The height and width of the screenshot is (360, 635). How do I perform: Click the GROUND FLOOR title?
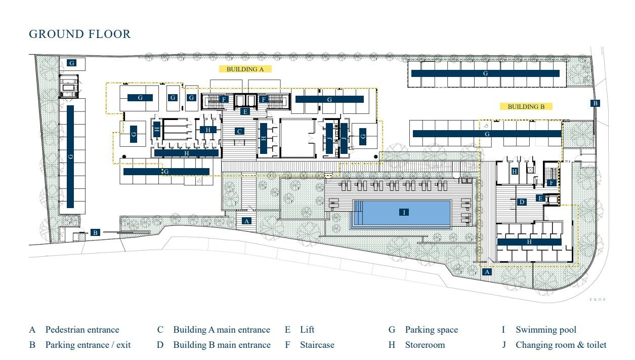tap(80, 34)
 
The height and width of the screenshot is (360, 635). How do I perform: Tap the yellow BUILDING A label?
tap(245, 69)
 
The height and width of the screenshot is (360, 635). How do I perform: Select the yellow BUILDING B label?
tap(526, 106)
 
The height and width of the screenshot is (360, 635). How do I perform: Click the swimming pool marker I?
tap(404, 212)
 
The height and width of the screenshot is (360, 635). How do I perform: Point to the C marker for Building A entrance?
tap(240, 131)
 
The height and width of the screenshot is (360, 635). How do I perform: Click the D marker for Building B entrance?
tap(522, 202)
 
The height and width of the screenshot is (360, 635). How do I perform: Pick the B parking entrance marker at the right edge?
tap(596, 103)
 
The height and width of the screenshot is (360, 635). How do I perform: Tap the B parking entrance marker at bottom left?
tap(95, 233)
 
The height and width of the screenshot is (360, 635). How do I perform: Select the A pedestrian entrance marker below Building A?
tap(247, 221)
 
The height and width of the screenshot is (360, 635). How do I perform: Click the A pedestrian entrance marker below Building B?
tap(487, 272)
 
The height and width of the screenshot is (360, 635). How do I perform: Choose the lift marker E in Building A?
tap(245, 111)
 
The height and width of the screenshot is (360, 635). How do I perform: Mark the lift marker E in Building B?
tap(540, 198)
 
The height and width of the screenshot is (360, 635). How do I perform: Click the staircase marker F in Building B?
tap(552, 183)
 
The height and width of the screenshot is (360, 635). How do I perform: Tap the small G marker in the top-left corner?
tap(72, 63)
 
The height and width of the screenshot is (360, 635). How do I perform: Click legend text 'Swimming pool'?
tap(545, 330)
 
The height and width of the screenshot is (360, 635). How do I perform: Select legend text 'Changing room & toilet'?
tap(561, 345)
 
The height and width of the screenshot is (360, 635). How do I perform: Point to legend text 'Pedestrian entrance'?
tap(82, 330)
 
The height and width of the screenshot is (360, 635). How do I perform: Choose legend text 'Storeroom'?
tap(425, 345)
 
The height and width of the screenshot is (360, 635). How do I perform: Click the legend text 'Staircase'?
tap(317, 345)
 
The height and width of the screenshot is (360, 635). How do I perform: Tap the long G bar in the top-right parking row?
tap(485, 73)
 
